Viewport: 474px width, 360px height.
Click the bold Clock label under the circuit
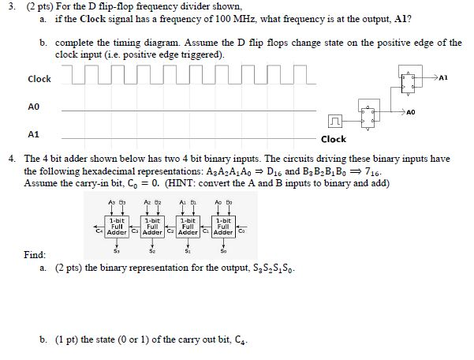coord(334,139)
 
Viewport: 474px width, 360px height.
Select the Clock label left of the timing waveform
coord(39,79)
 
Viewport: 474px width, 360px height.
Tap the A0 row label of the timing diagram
coord(32,107)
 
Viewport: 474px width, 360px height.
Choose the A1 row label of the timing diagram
coord(32,133)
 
